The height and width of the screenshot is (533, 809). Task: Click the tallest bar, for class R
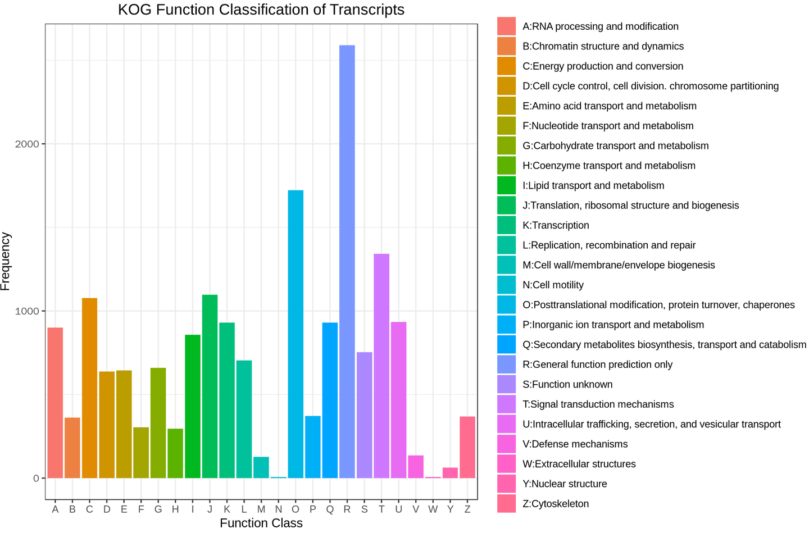coord(347,261)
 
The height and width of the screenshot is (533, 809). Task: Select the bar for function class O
coord(296,334)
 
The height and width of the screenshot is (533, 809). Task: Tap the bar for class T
coord(381,366)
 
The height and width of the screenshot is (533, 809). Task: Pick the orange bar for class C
coord(89,388)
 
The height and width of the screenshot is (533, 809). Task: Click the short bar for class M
coord(261,467)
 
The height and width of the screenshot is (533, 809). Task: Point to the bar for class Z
coord(467,447)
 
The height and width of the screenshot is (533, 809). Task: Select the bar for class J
coord(210,386)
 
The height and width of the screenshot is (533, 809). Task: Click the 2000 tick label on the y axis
coord(27,144)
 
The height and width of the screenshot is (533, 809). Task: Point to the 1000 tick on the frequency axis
coord(27,311)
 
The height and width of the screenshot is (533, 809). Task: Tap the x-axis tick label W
coord(433,509)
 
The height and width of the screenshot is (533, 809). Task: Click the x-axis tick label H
coord(175,509)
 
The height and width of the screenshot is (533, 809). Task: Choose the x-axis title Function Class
coord(261,523)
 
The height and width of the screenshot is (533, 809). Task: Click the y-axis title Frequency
coord(6,261)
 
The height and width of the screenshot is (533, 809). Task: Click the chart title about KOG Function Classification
coord(261,10)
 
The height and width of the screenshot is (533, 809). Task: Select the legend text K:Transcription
coord(556,225)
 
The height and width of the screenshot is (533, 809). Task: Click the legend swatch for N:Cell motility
coord(506,285)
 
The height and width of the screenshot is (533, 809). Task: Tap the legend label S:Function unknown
coord(567,384)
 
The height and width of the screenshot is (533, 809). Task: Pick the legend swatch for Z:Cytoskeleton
coord(506,503)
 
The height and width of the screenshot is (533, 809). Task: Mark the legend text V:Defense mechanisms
coord(575,444)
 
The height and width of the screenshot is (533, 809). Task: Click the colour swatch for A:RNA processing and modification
coord(506,26)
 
